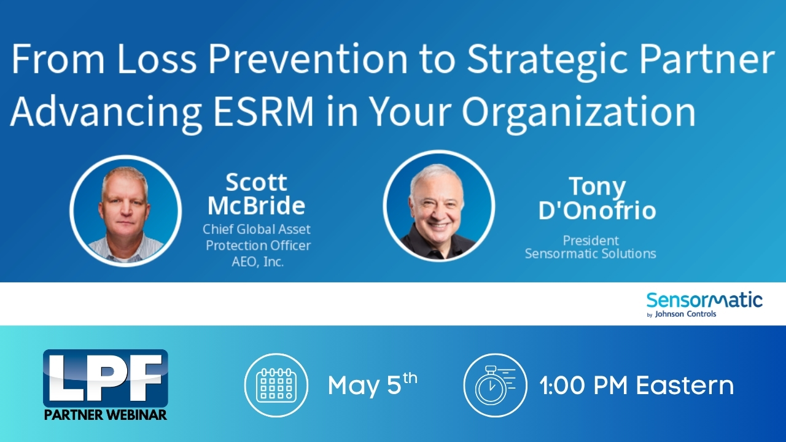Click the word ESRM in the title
pos(263,111)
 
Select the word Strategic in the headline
pos(547,60)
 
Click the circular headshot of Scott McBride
pos(126,211)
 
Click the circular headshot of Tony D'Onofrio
pos(438,206)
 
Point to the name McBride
pos(256,205)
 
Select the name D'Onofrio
pos(597,210)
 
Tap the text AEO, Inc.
pos(257,262)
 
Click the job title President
pos(591,240)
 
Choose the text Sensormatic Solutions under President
pos(591,254)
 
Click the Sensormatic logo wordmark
pos(704,300)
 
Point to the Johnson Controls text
pos(685,314)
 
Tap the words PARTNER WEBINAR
pos(105,415)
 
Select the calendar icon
pos(276,385)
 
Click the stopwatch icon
pos(495,385)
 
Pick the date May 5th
pos(373,384)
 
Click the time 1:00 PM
pos(583,386)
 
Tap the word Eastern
pos(685,386)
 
